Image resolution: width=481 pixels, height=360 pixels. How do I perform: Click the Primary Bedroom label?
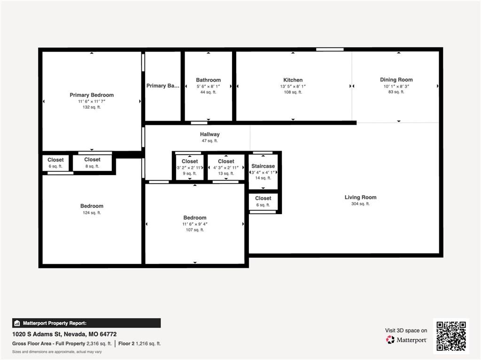coord(92,95)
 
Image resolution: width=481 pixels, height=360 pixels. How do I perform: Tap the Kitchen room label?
coord(293,80)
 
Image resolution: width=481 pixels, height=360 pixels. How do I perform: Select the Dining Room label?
coord(396,80)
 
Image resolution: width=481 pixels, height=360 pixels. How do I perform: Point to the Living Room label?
coord(360,197)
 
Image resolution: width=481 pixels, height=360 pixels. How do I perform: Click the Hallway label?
coord(209,134)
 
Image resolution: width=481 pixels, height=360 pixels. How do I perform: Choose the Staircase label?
coord(263,166)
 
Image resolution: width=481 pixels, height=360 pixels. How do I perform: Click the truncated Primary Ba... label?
coord(163,86)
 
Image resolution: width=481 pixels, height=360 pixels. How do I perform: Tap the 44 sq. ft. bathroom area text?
coord(208,92)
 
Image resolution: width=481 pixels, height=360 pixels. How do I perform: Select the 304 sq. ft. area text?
coord(360,204)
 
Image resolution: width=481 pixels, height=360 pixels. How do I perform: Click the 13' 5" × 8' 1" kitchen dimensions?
coord(293,86)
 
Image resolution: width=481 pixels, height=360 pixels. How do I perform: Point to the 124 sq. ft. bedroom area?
coord(92,213)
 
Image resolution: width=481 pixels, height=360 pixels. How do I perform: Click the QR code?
coord(450,336)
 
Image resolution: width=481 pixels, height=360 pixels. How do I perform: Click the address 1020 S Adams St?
coord(64,334)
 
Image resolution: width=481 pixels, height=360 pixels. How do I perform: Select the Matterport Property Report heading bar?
coord(86,323)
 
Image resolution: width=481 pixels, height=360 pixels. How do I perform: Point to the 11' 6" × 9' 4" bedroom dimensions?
coord(195,224)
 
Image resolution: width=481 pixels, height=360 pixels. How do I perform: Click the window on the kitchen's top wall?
coord(329,49)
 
